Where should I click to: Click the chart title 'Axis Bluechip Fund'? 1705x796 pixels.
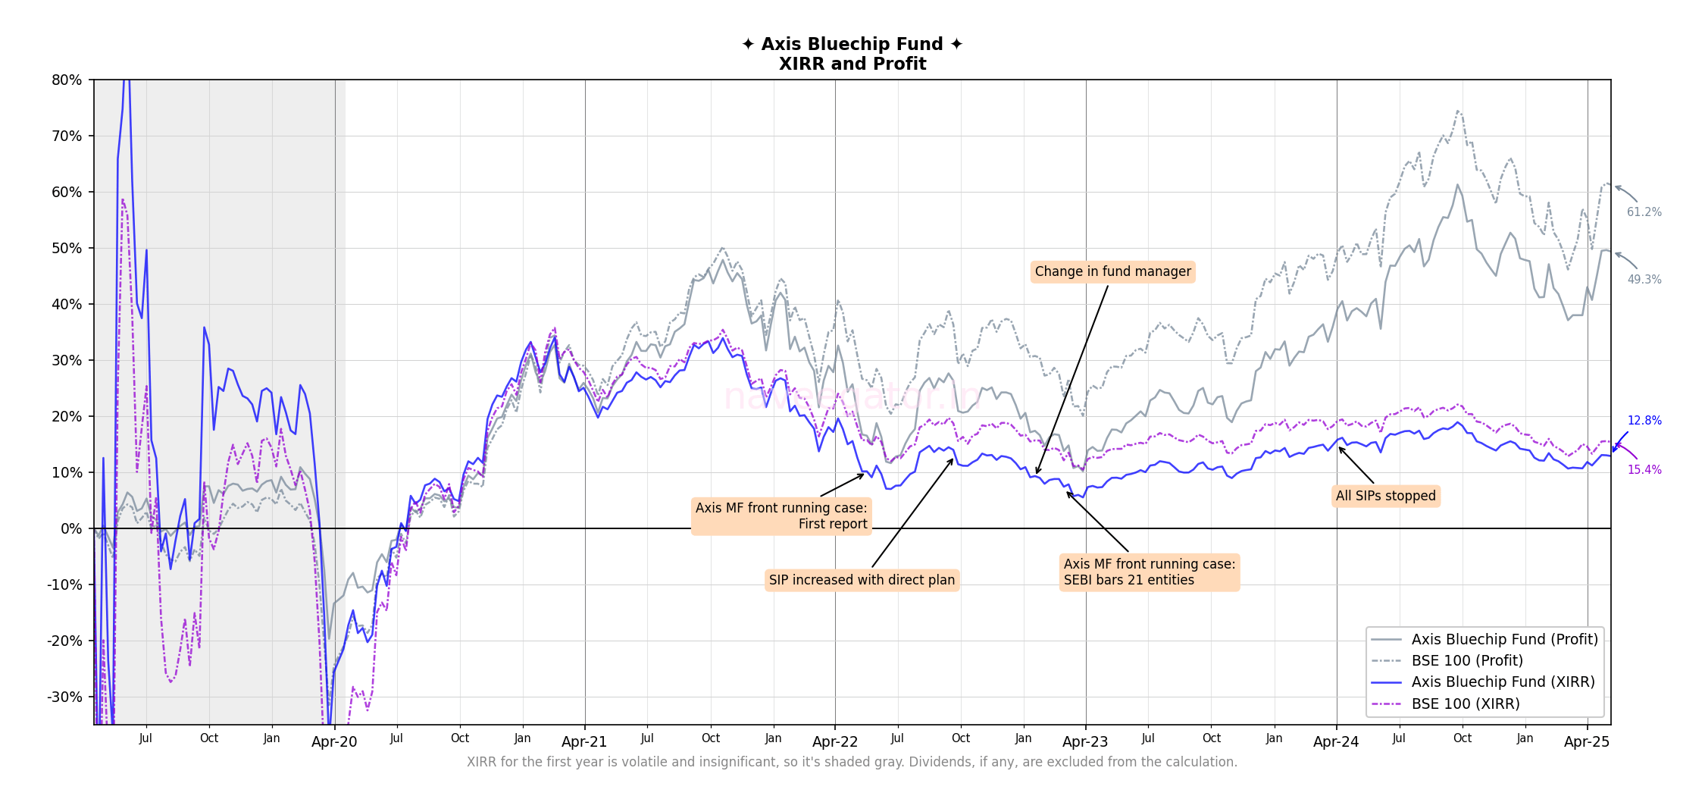pyautogui.click(x=852, y=44)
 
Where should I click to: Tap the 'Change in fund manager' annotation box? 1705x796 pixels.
pyautogui.click(x=1112, y=271)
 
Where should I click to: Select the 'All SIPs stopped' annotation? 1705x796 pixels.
pyautogui.click(x=1385, y=496)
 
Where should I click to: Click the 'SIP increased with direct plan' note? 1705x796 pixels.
pyautogui.click(x=862, y=580)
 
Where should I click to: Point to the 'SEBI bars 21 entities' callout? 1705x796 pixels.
pyautogui.click(x=1149, y=572)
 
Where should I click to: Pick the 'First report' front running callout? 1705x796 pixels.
pyautogui.click(x=781, y=516)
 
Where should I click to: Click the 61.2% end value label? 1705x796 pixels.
pyautogui.click(x=1644, y=212)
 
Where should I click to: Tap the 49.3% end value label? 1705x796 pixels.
pyautogui.click(x=1644, y=280)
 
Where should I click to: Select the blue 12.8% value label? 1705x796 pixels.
pyautogui.click(x=1644, y=421)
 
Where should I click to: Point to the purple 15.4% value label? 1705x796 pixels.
pyautogui.click(x=1644, y=470)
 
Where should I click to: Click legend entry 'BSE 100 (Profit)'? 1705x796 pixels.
pyautogui.click(x=1466, y=660)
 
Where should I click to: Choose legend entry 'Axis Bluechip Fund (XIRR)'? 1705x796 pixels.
pyautogui.click(x=1503, y=682)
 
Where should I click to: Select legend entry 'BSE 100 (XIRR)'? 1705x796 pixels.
pyautogui.click(x=1465, y=704)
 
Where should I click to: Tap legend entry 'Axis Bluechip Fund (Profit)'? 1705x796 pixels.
pyautogui.click(x=1504, y=639)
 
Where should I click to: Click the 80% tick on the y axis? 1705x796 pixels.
pyautogui.click(x=67, y=80)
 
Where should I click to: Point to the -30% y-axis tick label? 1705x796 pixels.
pyautogui.click(x=64, y=697)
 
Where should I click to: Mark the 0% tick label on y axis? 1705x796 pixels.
pyautogui.click(x=70, y=528)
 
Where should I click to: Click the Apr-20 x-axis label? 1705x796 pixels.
pyautogui.click(x=334, y=742)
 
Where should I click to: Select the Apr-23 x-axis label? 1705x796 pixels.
pyautogui.click(x=1085, y=742)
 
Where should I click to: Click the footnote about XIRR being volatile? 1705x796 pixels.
pyautogui.click(x=852, y=762)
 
